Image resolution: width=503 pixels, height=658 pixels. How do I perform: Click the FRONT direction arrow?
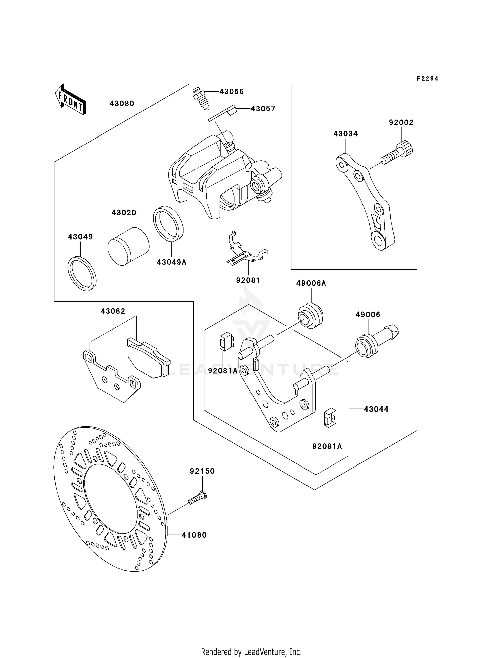71,100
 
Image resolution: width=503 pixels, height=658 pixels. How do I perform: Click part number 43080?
122,104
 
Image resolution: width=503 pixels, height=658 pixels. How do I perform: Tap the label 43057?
263,109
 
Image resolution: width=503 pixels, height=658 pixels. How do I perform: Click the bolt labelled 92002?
398,153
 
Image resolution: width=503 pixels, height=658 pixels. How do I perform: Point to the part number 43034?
345,134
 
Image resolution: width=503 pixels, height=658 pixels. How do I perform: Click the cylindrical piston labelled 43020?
128,246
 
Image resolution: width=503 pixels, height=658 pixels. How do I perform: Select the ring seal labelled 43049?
82,273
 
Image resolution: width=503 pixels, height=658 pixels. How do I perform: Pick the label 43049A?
171,262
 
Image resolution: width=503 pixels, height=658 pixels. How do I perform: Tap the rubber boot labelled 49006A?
311,316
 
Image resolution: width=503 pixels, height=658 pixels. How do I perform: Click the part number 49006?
368,315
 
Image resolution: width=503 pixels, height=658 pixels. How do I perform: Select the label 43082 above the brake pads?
113,311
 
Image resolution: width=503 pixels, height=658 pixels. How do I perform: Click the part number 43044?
376,409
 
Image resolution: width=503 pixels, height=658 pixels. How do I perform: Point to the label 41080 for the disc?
194,535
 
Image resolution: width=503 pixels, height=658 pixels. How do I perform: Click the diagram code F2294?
427,79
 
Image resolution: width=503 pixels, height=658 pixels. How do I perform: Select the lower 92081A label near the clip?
327,446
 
